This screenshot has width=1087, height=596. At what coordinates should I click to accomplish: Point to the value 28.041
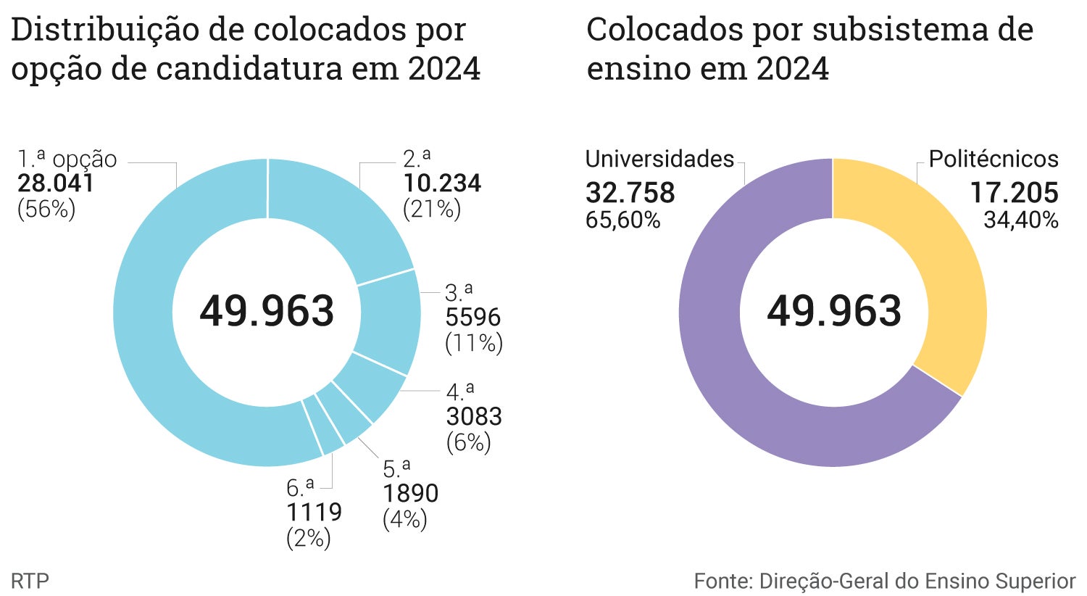56,183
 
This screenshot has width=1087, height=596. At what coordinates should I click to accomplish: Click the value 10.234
442,183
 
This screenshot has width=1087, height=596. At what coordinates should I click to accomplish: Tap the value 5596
472,318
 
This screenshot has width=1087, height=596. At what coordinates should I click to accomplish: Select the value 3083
474,416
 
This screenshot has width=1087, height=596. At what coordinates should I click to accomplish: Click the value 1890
410,493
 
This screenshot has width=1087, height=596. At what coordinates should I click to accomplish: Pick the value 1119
314,512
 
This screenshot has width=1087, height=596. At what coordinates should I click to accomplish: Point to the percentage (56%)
46,210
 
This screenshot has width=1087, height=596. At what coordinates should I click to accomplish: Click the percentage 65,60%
622,220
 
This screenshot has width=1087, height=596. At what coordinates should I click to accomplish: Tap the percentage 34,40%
1020,220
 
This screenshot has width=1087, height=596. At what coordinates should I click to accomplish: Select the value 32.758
630,193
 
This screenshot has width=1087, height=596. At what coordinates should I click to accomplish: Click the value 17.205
1014,193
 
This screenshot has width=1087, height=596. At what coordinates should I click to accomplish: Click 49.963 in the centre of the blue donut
267,311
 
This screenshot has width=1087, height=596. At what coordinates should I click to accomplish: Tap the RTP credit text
30,581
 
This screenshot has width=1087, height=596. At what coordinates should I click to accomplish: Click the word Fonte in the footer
722,581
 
